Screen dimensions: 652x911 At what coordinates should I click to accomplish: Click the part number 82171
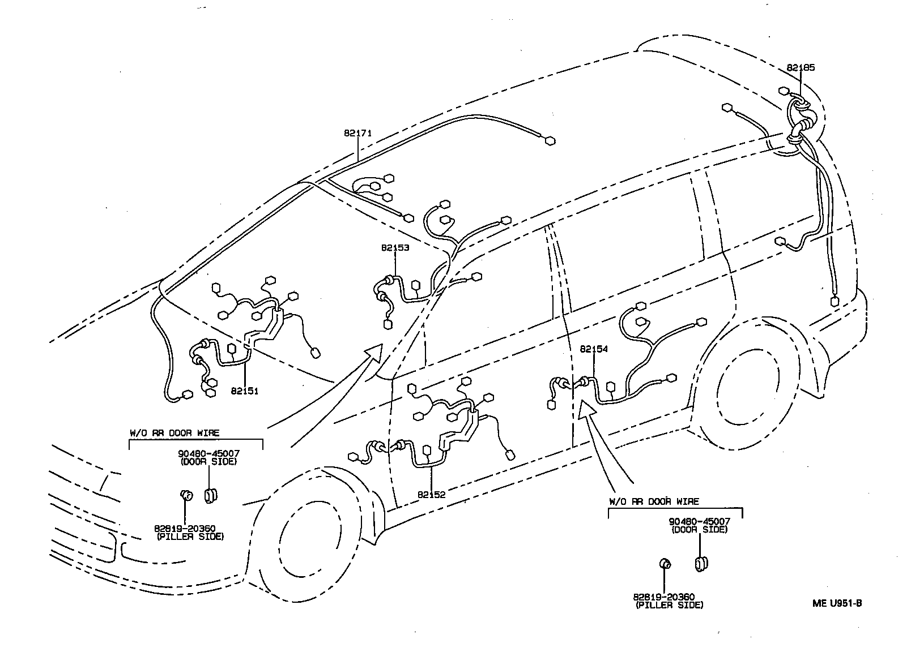pyautogui.click(x=357, y=134)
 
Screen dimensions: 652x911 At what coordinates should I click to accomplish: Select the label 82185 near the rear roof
pyautogui.click(x=801, y=67)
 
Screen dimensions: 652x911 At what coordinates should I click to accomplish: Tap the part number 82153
pyautogui.click(x=395, y=247)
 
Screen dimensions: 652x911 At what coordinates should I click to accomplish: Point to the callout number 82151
pyautogui.click(x=244, y=391)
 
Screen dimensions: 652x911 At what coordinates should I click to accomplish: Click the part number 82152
pyautogui.click(x=432, y=494)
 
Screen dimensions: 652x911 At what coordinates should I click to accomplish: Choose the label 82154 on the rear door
pyautogui.click(x=593, y=349)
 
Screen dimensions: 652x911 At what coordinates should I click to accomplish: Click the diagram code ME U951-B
pyautogui.click(x=837, y=603)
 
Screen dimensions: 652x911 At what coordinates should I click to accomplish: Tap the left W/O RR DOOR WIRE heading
pyautogui.click(x=174, y=433)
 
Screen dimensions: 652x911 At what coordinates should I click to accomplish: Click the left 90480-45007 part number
pyautogui.click(x=208, y=454)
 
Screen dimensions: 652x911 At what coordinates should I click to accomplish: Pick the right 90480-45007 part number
pyautogui.click(x=699, y=521)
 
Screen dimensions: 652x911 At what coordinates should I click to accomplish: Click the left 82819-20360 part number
pyautogui.click(x=184, y=529)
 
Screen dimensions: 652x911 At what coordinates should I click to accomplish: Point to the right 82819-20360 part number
pyautogui.click(x=664, y=597)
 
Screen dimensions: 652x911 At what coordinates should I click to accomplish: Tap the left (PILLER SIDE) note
pyautogui.click(x=190, y=536)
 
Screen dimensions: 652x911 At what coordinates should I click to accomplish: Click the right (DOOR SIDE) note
pyautogui.click(x=699, y=529)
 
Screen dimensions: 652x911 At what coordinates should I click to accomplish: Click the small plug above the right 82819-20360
pyautogui.click(x=666, y=563)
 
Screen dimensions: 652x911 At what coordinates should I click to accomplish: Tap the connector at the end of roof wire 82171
pyautogui.click(x=549, y=141)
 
